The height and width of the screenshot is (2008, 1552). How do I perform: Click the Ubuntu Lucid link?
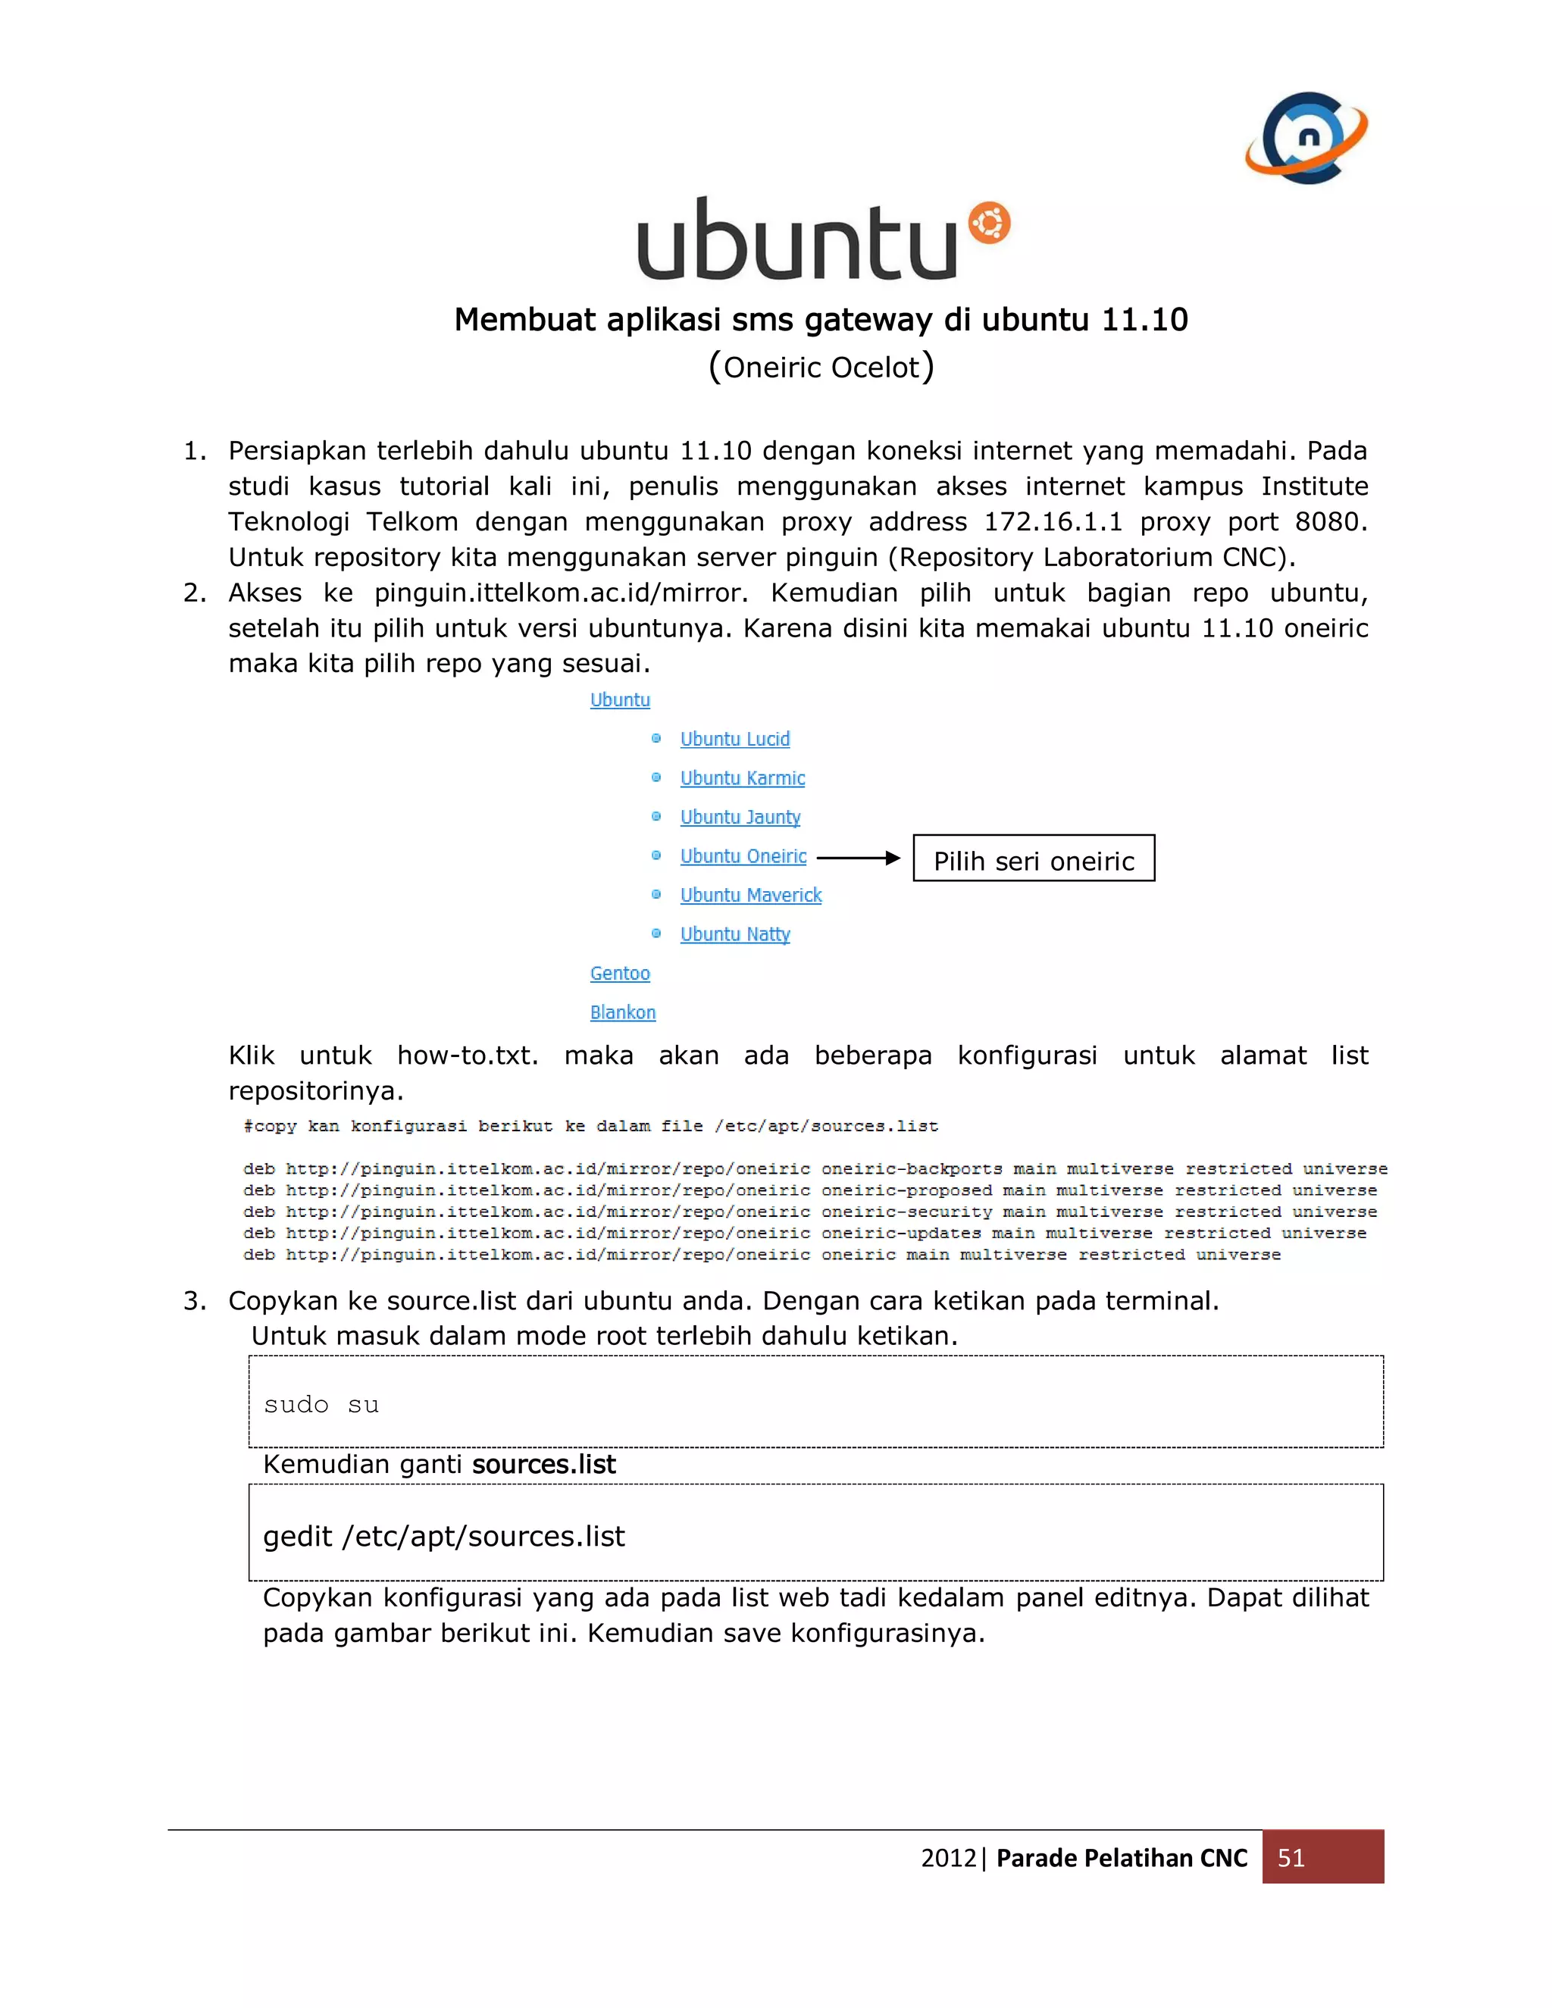(x=734, y=740)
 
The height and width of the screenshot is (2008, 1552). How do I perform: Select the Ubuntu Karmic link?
(x=742, y=778)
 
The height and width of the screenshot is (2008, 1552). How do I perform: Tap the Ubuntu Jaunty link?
(x=740, y=818)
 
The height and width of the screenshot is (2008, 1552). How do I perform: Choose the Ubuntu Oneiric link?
(x=743, y=856)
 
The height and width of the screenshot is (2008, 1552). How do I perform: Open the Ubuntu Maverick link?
(x=750, y=896)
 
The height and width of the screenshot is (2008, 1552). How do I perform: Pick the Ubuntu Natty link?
(x=734, y=934)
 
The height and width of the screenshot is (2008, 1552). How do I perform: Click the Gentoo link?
(x=620, y=973)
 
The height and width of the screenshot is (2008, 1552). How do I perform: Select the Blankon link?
(x=622, y=1012)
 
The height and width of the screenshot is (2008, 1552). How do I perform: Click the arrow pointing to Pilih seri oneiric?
(x=858, y=858)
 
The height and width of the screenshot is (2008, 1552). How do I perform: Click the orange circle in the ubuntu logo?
(x=989, y=224)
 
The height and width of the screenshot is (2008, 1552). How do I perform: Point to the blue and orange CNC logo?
(x=1306, y=138)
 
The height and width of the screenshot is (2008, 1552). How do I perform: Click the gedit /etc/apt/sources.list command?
(x=444, y=1537)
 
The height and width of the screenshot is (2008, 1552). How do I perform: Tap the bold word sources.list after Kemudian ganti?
(x=543, y=1464)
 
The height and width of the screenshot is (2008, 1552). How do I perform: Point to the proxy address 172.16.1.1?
(x=1053, y=522)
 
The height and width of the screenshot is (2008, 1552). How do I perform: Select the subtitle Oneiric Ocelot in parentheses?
(x=821, y=367)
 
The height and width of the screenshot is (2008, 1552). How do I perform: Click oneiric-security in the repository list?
(x=906, y=1212)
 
